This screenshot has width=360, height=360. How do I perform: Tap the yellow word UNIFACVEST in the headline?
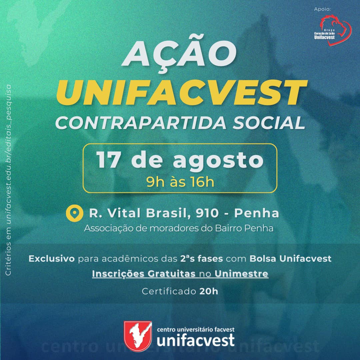click(x=181, y=93)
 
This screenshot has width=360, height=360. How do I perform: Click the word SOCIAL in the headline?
click(x=269, y=123)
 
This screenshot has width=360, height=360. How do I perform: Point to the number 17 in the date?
click(x=108, y=160)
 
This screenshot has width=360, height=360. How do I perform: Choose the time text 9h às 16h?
click(x=180, y=182)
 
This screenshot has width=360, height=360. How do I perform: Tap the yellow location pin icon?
click(x=74, y=213)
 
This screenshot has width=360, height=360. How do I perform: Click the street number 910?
click(x=207, y=213)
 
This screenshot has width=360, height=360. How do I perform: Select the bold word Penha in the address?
click(x=256, y=213)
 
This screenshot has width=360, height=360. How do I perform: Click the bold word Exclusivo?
click(x=52, y=259)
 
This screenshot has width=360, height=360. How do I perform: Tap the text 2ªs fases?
click(x=202, y=259)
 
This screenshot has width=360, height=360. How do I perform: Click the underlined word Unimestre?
click(x=241, y=274)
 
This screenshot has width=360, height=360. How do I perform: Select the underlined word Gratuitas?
click(x=171, y=274)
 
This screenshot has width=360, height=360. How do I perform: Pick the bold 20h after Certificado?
click(x=209, y=291)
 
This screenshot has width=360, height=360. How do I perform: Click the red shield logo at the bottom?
click(x=138, y=336)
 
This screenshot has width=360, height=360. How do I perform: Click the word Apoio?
click(x=322, y=9)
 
